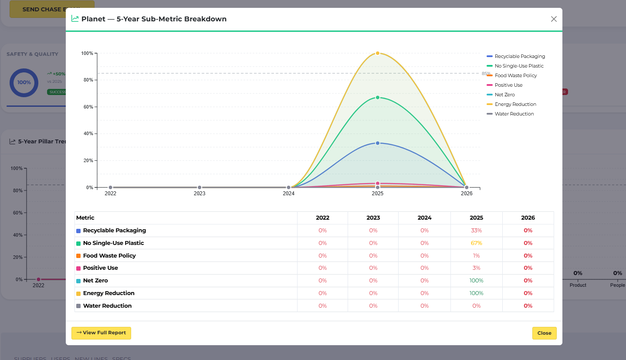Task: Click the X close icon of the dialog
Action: (554, 19)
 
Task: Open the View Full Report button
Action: (101, 333)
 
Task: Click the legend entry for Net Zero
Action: (504, 95)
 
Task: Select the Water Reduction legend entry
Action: (514, 114)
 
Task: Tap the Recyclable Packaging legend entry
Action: (519, 56)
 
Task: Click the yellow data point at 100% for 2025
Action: (378, 53)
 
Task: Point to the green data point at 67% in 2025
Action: (378, 98)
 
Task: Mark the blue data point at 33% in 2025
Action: (378, 143)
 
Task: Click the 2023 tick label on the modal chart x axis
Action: (200, 194)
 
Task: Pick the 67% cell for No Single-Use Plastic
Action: (476, 243)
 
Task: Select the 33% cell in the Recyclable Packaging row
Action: (476, 231)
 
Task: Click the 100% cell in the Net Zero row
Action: (476, 281)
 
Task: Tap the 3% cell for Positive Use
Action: (476, 268)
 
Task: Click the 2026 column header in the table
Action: (528, 218)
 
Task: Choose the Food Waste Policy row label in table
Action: (109, 256)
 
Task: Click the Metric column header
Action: (85, 218)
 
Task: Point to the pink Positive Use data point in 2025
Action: (378, 183)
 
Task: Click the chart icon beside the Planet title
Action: (75, 19)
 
